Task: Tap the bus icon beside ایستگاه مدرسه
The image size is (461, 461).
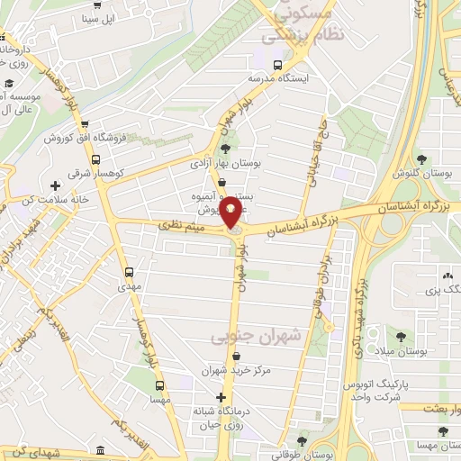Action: (x=276, y=65)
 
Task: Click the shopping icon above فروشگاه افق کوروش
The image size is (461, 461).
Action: (x=84, y=125)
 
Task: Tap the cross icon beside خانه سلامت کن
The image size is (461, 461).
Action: (x=56, y=185)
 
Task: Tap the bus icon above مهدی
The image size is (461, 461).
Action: (x=129, y=271)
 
